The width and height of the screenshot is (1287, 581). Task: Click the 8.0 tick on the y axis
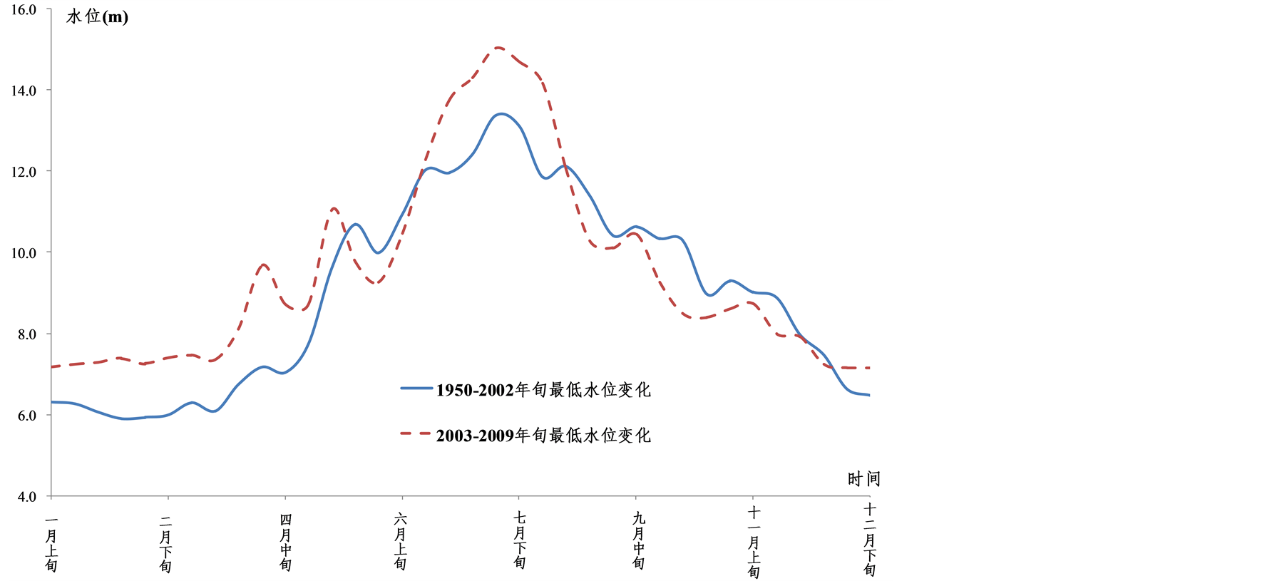point(26,334)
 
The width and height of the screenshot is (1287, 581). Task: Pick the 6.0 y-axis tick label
point(26,416)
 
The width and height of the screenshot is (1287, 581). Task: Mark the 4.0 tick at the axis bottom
point(26,496)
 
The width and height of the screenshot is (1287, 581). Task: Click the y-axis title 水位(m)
point(97,16)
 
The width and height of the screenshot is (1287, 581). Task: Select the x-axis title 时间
point(863,479)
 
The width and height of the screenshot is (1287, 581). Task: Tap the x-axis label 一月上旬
point(51,544)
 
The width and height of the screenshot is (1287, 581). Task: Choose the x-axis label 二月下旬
point(166,544)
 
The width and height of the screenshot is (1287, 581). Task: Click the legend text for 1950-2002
point(543,390)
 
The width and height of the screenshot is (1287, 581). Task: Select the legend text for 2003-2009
point(543,436)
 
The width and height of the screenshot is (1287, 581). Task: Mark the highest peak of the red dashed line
point(498,48)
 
